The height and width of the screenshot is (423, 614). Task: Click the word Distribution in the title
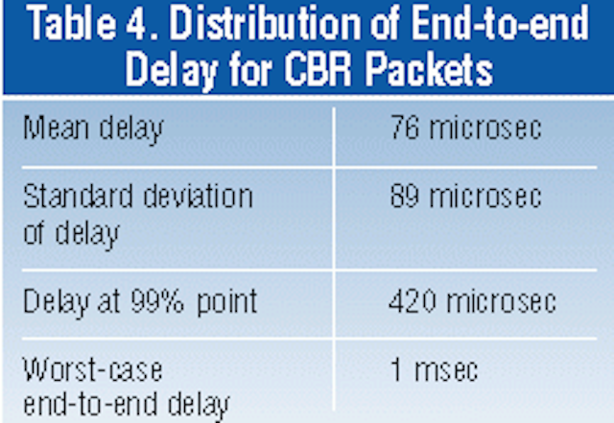pos(266,24)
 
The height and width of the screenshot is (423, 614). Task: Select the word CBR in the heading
pos(319,71)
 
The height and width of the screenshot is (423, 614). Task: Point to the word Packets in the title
pos(430,71)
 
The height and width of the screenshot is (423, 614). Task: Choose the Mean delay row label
pos(93,129)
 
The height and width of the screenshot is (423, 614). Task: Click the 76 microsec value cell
pos(466,128)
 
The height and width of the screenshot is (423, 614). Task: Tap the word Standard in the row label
pos(78,196)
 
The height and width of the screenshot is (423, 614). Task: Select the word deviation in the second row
pos(199,196)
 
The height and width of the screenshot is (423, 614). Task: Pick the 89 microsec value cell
pos(466,196)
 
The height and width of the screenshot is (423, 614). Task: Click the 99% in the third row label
pos(157,301)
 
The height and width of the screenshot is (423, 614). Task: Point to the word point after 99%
pos(226,303)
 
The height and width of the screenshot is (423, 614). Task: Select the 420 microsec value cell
pos(472,301)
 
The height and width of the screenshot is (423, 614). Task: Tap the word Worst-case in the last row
pos(93,369)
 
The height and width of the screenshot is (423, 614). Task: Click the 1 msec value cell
pos(435,369)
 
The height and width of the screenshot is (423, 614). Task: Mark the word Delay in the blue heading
pos(171,72)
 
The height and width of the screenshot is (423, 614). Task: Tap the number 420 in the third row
pos(412,301)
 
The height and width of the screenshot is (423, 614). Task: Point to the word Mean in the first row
pos(56,128)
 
